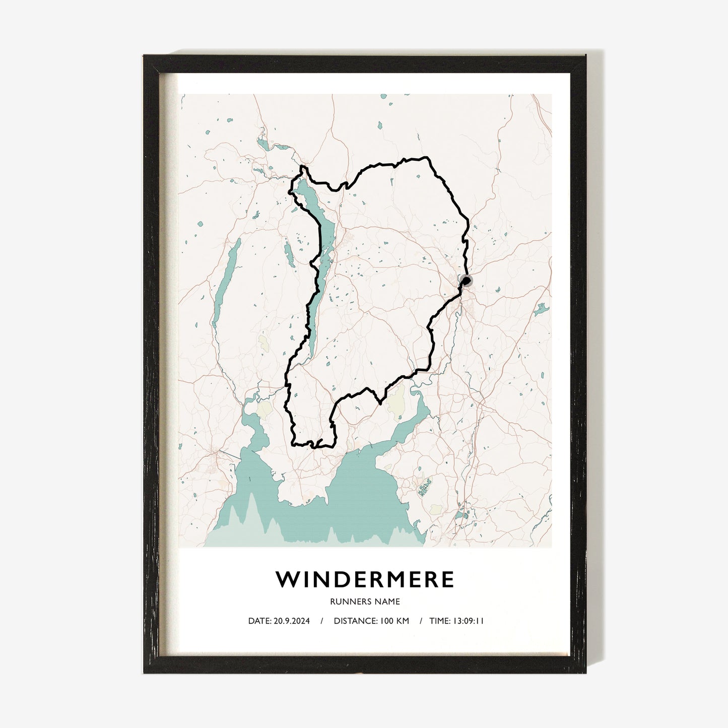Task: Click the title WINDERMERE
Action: [365, 579]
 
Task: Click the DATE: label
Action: [259, 621]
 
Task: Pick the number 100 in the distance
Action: [385, 621]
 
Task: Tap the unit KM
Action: [402, 621]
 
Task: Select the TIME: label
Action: [440, 621]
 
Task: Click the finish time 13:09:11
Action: [469, 621]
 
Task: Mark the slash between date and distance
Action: [321, 621]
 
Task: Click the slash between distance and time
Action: [421, 621]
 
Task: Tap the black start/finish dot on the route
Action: [467, 281]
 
